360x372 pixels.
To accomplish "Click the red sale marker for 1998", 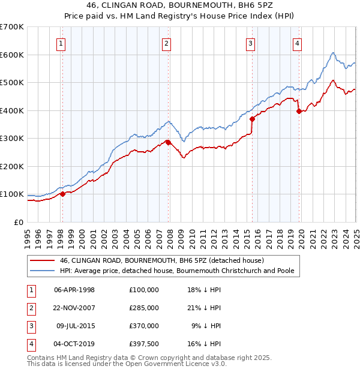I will [x=62, y=193].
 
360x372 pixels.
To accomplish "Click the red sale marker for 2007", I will [x=168, y=142].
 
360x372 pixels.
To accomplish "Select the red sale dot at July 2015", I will [x=252, y=119].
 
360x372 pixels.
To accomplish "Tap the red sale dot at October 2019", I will [x=299, y=111].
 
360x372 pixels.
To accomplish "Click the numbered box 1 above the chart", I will [x=62, y=43].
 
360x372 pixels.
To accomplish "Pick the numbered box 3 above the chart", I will [x=250, y=43].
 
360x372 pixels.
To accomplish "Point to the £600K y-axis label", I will [x=11, y=55].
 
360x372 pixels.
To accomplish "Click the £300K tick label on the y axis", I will [x=11, y=138].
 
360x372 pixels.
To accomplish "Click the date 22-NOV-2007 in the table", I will [x=74, y=307].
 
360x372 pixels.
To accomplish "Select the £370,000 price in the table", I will [x=143, y=326].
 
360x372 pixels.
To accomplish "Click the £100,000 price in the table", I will [x=143, y=289].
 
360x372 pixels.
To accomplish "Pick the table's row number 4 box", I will [x=29, y=344].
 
